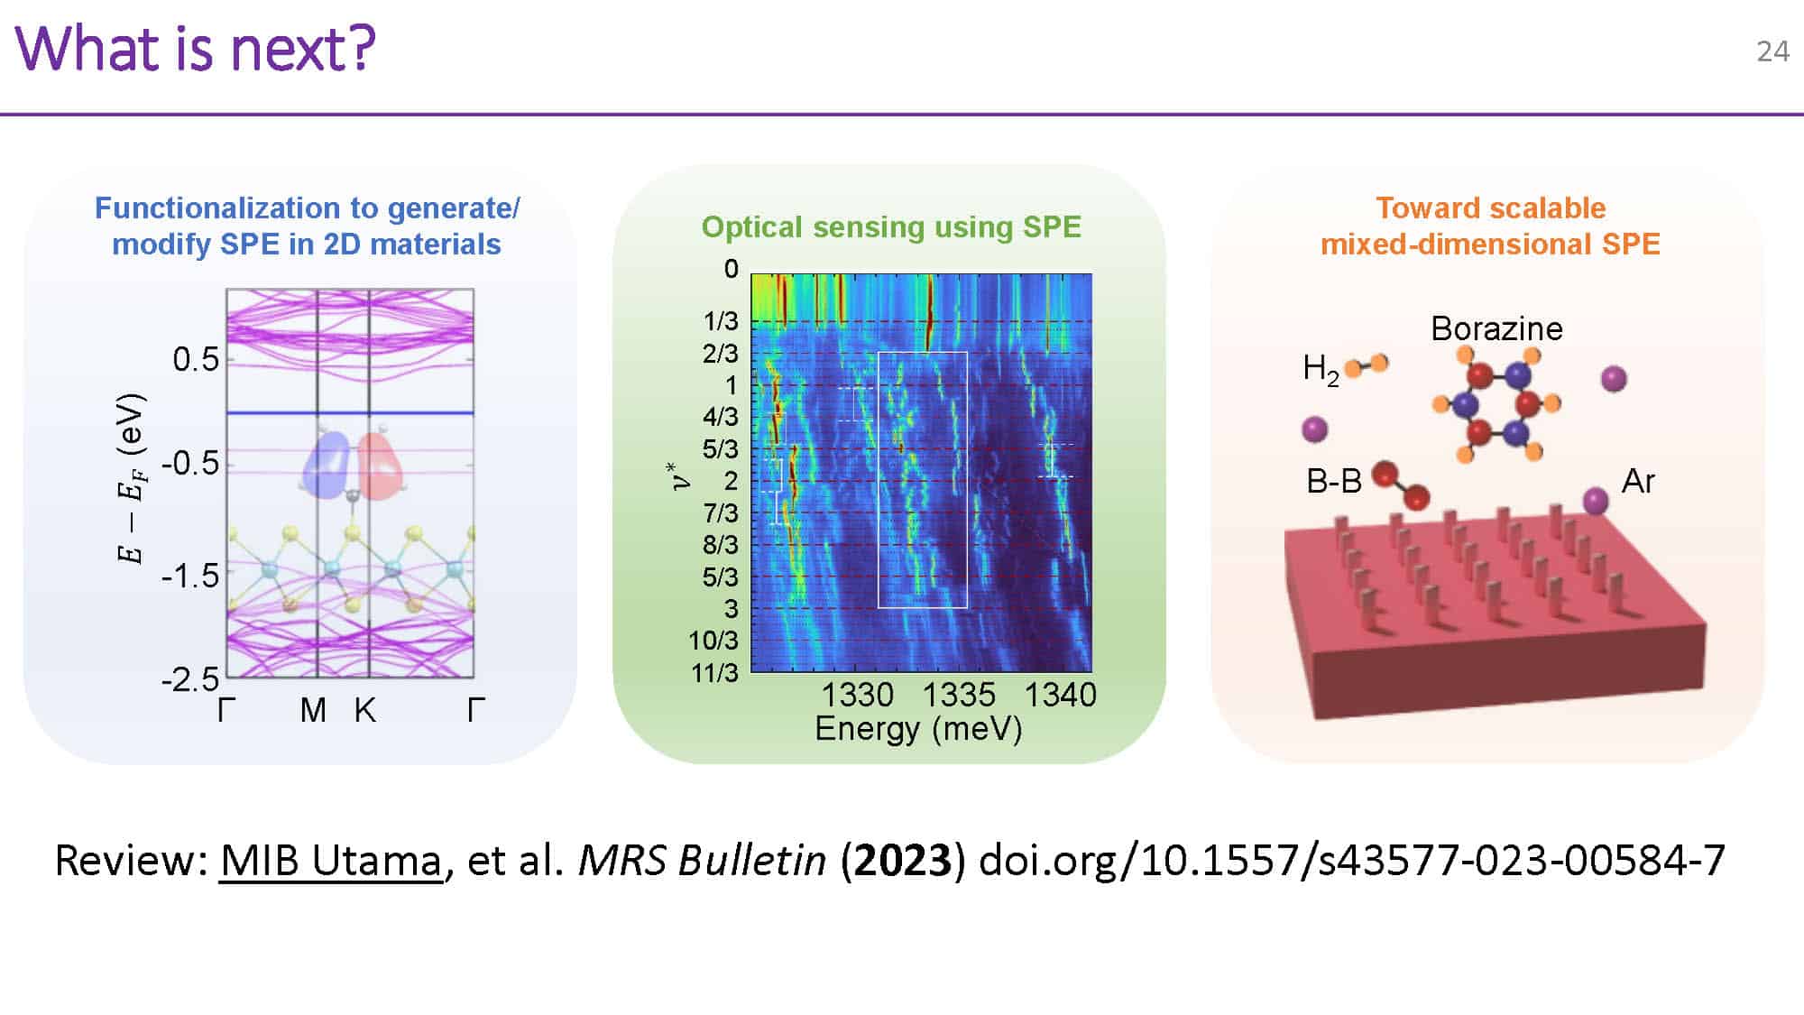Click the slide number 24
(1772, 51)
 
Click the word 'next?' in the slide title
(302, 50)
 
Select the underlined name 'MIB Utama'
(331, 860)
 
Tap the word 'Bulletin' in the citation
(752, 860)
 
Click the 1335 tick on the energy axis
(959, 695)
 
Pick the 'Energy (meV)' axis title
(918, 728)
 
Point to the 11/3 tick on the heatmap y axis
(714, 673)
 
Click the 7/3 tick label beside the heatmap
(720, 512)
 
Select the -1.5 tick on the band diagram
(190, 576)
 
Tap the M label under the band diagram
(313, 711)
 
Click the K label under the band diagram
(364, 711)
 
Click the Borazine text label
(1496, 328)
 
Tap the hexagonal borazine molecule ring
(1498, 404)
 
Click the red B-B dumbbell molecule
(1400, 485)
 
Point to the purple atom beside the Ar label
(1596, 499)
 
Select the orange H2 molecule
(1366, 365)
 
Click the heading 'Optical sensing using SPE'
(891, 227)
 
